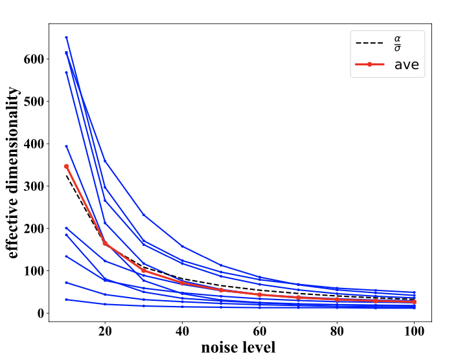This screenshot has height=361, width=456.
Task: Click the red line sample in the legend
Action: [x=370, y=65]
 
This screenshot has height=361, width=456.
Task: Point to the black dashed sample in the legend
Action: [x=370, y=43]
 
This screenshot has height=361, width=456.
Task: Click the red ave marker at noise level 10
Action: [x=66, y=166]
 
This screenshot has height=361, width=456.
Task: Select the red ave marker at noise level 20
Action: [x=105, y=243]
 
